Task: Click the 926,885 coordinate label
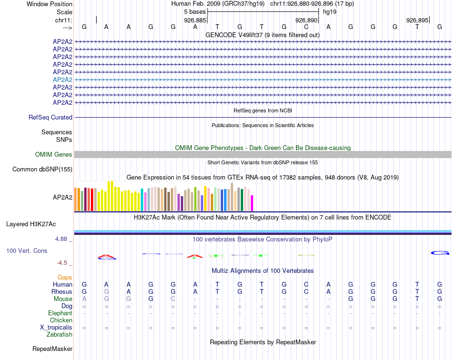[x=195, y=20]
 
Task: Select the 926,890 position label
[x=306, y=20]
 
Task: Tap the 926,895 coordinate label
[x=417, y=20]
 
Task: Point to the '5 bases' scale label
[x=195, y=11]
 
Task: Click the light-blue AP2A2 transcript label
[x=62, y=80]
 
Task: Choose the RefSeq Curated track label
[x=50, y=118]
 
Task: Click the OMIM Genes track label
[x=54, y=154]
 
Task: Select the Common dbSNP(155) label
[x=42, y=169]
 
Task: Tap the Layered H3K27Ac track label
[x=31, y=224]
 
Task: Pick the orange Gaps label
[x=65, y=277]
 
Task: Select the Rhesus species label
[x=62, y=291]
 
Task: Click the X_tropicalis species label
[x=56, y=328]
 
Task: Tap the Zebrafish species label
[x=60, y=335]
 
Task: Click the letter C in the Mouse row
[x=173, y=299]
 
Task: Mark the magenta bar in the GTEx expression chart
[x=252, y=203]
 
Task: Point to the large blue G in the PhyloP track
[x=440, y=252]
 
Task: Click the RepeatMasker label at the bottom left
[x=52, y=349]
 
